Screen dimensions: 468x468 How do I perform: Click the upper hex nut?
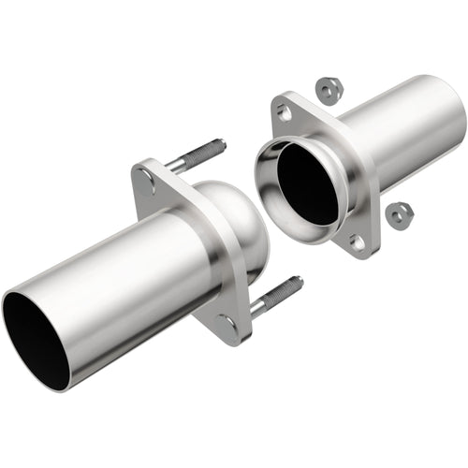329,90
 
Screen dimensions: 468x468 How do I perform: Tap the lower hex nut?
400,214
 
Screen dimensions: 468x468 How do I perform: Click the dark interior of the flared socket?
307,183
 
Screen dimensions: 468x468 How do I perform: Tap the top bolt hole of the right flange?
285,112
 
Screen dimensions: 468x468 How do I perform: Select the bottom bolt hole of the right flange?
357,241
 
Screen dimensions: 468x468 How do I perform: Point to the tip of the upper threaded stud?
222,143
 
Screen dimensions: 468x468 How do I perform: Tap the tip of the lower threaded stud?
299,280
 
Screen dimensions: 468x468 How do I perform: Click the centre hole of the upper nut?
329,90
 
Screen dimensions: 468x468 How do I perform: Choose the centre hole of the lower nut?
400,214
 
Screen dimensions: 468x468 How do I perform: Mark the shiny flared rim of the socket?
268,201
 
